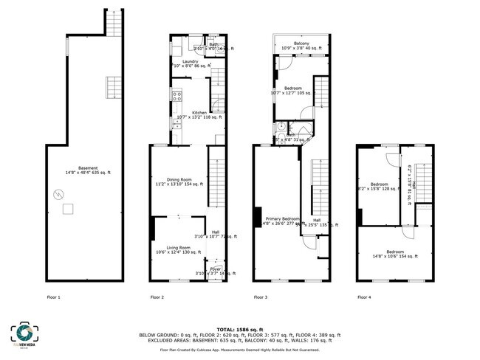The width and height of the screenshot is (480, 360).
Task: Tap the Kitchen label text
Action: click(x=190, y=113)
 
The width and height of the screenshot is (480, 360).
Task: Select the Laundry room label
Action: click(x=190, y=62)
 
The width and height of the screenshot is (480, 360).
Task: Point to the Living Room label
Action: click(x=178, y=249)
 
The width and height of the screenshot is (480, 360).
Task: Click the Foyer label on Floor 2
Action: click(x=216, y=269)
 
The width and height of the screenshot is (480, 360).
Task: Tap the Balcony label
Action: click(x=301, y=44)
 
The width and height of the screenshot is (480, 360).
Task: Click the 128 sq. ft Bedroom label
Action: click(x=379, y=184)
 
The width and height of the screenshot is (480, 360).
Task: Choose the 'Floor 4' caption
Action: click(x=364, y=297)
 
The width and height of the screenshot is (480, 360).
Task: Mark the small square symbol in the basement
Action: click(x=68, y=209)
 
